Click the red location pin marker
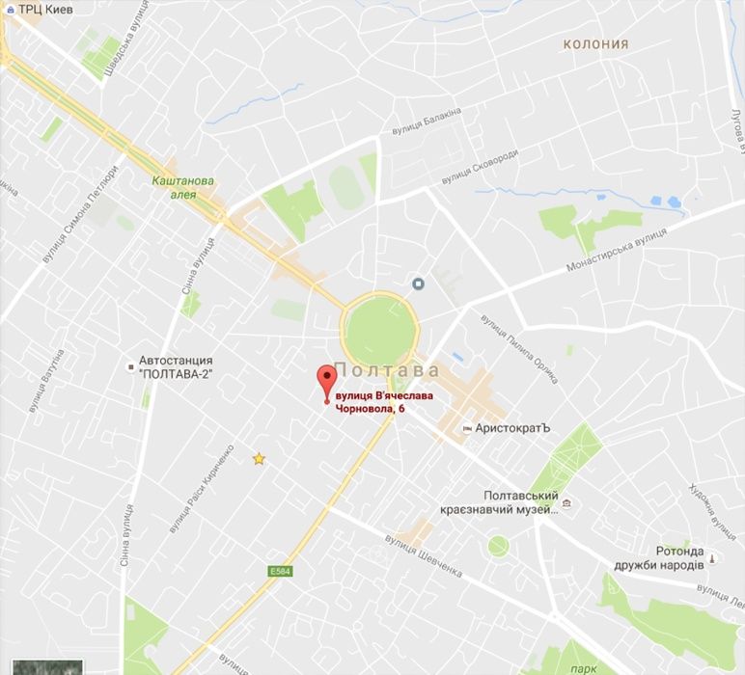[x=326, y=381]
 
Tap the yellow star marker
[x=259, y=459]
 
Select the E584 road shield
[x=280, y=573]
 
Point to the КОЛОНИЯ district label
[x=595, y=43]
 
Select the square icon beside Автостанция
[x=130, y=366]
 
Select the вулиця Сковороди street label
[x=480, y=167]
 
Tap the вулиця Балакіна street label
[x=427, y=121]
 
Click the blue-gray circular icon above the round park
[x=419, y=283]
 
